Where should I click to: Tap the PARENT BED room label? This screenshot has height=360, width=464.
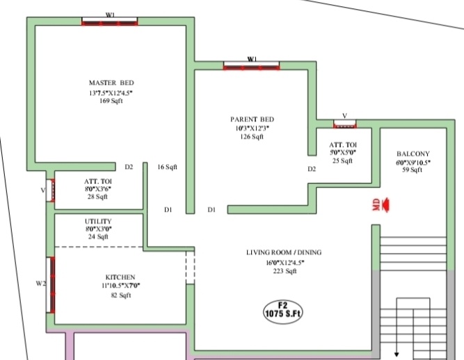pyautogui.click(x=252, y=119)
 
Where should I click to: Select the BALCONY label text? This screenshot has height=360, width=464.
pyautogui.click(x=413, y=154)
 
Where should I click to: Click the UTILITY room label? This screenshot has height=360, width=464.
pyautogui.click(x=98, y=220)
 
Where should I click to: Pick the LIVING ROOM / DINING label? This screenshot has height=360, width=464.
pyautogui.click(x=284, y=252)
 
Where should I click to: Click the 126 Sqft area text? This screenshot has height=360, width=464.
pyautogui.click(x=252, y=137)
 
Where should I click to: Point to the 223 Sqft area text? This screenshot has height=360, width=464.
pyautogui.click(x=284, y=271)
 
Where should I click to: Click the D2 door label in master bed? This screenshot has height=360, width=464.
pyautogui.click(x=129, y=167)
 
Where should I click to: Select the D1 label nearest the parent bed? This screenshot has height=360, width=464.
pyautogui.click(x=211, y=209)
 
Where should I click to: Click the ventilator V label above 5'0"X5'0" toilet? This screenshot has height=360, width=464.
pyautogui.click(x=344, y=116)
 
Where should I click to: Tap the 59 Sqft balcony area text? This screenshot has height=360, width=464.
pyautogui.click(x=413, y=171)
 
